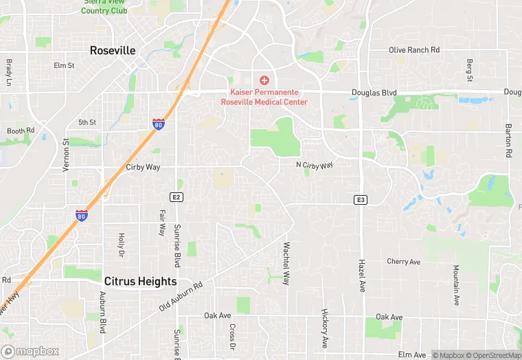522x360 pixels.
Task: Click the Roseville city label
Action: point(113,51)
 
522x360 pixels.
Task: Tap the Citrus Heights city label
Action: point(140,282)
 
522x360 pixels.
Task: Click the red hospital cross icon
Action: point(264,81)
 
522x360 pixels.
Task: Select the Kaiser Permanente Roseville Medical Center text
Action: point(264,97)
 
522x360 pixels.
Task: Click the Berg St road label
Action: point(470,69)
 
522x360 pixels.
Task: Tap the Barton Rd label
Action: point(509,142)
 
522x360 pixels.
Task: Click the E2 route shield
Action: point(177,197)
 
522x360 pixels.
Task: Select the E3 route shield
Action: point(361,200)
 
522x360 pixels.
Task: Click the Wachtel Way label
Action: point(286,259)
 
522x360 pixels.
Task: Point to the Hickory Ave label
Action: point(324,328)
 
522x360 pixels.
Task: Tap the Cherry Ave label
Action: point(403,262)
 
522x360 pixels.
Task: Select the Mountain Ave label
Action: point(455,285)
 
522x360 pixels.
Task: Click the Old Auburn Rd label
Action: point(181,296)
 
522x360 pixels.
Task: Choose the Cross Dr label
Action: point(232,337)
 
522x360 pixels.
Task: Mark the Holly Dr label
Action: point(121,245)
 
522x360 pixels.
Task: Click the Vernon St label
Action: point(67,155)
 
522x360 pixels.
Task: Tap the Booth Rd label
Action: point(21,131)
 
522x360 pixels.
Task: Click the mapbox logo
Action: point(30,352)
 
